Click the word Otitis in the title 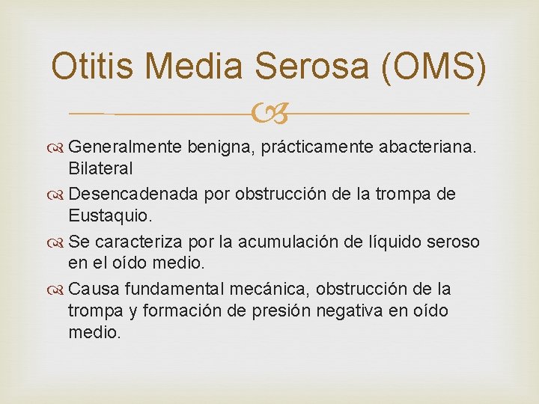click(x=93, y=67)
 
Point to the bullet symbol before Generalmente click(x=58, y=148)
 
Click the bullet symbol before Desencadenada click(x=58, y=195)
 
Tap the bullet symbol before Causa click(x=58, y=290)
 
